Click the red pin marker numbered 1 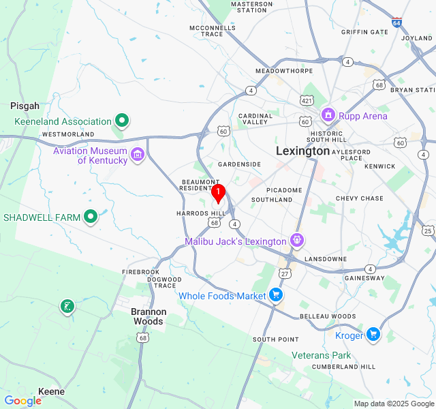click(x=217, y=194)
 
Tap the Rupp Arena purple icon click(x=328, y=115)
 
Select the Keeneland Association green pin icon click(x=122, y=121)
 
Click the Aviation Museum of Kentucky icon click(x=138, y=155)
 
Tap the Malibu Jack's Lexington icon click(x=296, y=241)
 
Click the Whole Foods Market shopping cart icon click(x=276, y=295)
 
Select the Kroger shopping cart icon click(x=373, y=335)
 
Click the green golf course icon click(x=66, y=307)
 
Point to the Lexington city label click(x=302, y=151)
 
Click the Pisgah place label click(x=25, y=106)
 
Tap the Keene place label click(x=52, y=391)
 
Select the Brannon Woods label click(x=148, y=316)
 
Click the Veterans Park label click(x=321, y=355)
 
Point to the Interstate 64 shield click(x=396, y=22)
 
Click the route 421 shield click(x=307, y=101)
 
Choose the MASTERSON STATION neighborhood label click(x=253, y=7)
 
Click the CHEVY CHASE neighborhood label click(x=359, y=198)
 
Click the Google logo click(x=22, y=401)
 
